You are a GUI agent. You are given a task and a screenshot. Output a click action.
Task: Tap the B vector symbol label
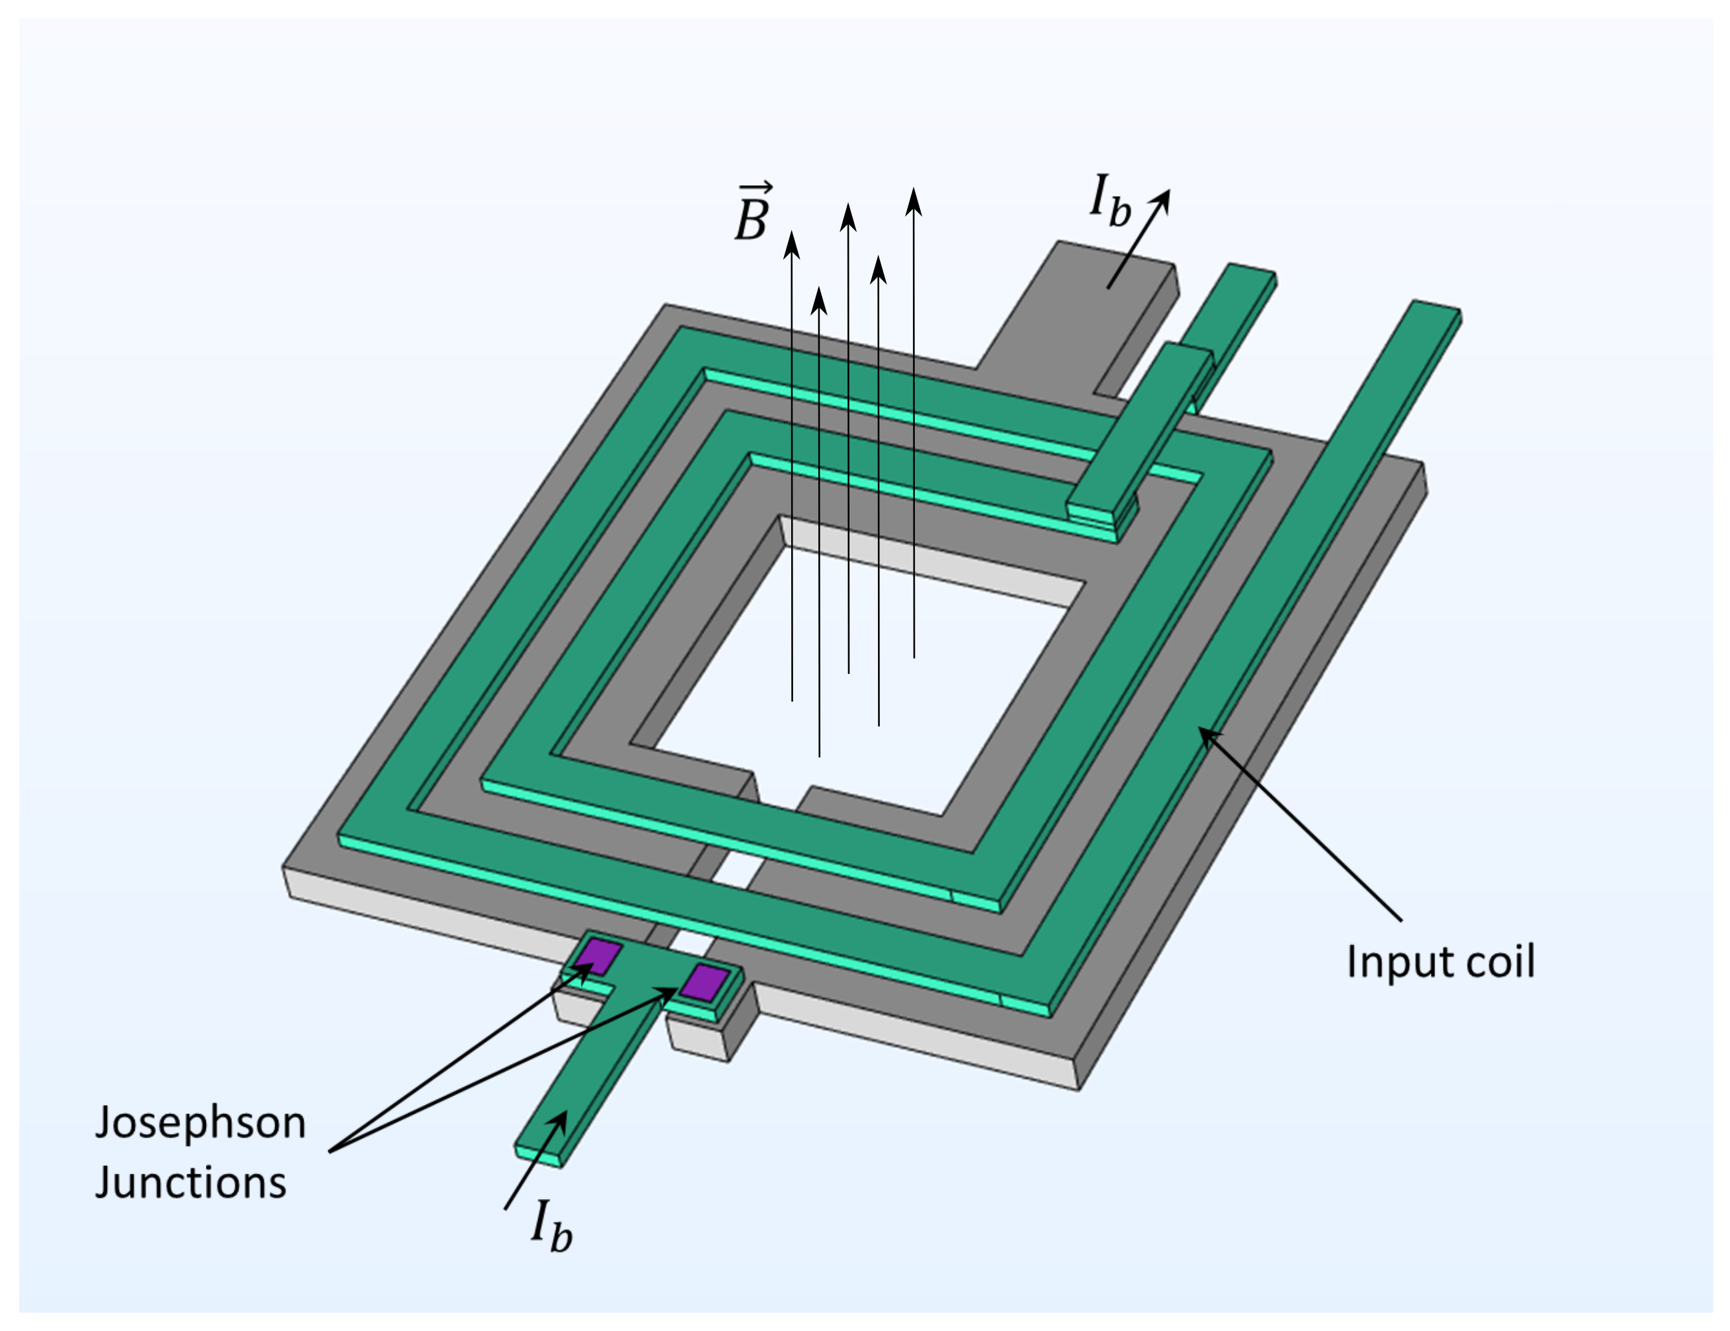(x=752, y=214)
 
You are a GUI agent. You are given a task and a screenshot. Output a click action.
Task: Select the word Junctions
(x=190, y=1183)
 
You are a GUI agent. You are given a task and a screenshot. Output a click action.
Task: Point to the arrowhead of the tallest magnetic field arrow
(x=914, y=201)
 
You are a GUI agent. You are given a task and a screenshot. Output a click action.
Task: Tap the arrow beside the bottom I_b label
(x=535, y=1160)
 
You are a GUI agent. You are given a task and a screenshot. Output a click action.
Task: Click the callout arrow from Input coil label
(x=1299, y=823)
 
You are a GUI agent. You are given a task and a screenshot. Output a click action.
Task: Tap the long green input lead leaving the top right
(x=1347, y=475)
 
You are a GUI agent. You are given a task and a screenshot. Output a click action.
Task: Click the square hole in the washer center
(x=864, y=673)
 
